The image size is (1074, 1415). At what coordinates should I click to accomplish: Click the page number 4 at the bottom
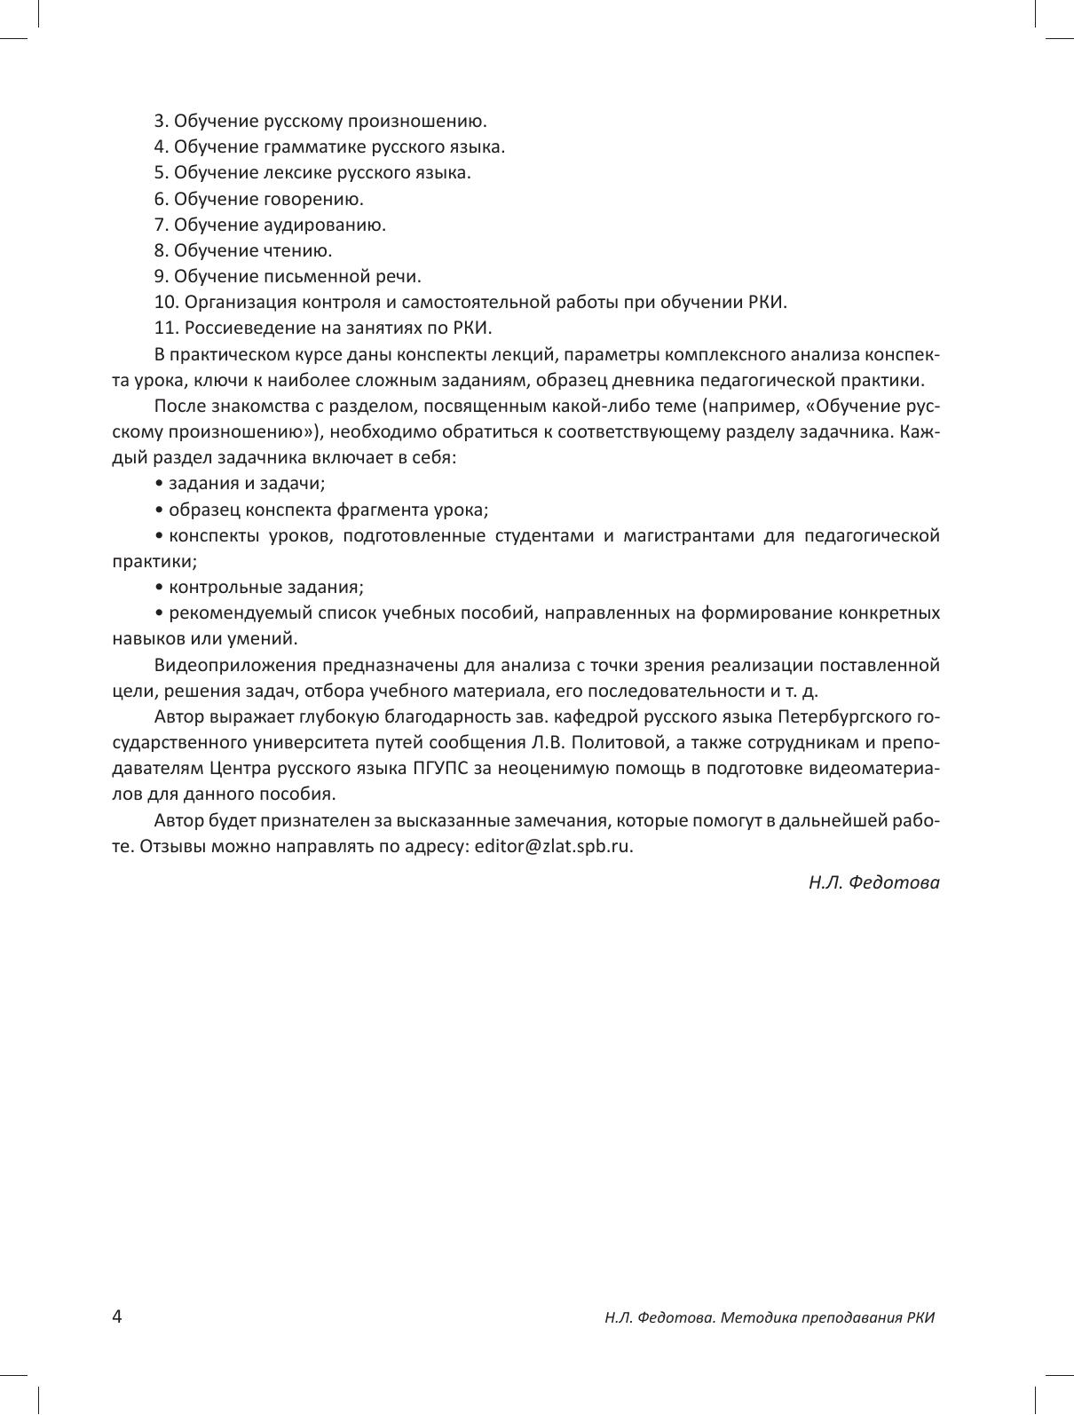(x=117, y=1316)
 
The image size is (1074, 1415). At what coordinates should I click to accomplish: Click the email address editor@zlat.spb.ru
(x=553, y=846)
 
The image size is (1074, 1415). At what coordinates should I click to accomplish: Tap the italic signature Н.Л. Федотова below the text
(x=873, y=882)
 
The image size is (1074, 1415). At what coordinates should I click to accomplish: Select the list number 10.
(x=166, y=302)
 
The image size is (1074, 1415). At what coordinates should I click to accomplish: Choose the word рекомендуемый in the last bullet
(x=228, y=613)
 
